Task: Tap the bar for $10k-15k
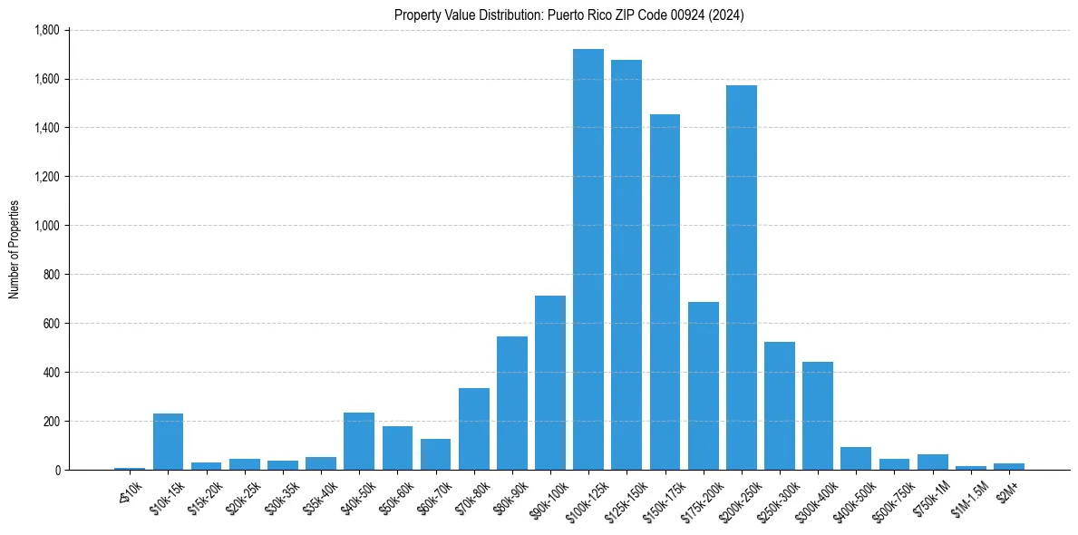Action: click(x=168, y=442)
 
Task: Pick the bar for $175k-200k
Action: click(x=704, y=385)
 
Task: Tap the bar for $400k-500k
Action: click(x=856, y=458)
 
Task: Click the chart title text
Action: click(x=569, y=15)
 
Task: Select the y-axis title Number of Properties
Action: click(x=15, y=249)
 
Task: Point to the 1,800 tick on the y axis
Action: click(x=46, y=30)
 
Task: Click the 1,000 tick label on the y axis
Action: click(x=46, y=226)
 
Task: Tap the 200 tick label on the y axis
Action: click(x=51, y=422)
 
